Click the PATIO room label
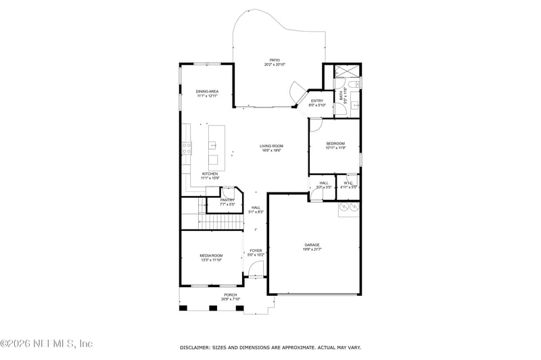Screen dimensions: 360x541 [x=275, y=60]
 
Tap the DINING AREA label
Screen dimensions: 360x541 [x=207, y=91]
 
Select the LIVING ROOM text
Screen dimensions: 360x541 [x=272, y=146]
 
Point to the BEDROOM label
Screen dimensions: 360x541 [x=335, y=143]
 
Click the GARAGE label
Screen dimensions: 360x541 [x=312, y=245]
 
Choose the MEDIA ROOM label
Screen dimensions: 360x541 [x=211, y=255]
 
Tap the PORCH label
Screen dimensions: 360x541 [x=231, y=294]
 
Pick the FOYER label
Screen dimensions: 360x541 [x=256, y=251]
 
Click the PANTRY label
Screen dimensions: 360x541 [x=227, y=200]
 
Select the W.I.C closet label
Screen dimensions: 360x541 [x=348, y=182]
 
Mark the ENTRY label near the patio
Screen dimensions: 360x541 [x=317, y=101]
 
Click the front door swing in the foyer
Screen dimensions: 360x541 [x=256, y=271]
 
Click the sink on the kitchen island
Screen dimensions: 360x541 [x=212, y=144]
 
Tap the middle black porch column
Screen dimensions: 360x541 [x=212, y=308]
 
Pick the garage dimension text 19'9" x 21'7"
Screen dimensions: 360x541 [x=312, y=249]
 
